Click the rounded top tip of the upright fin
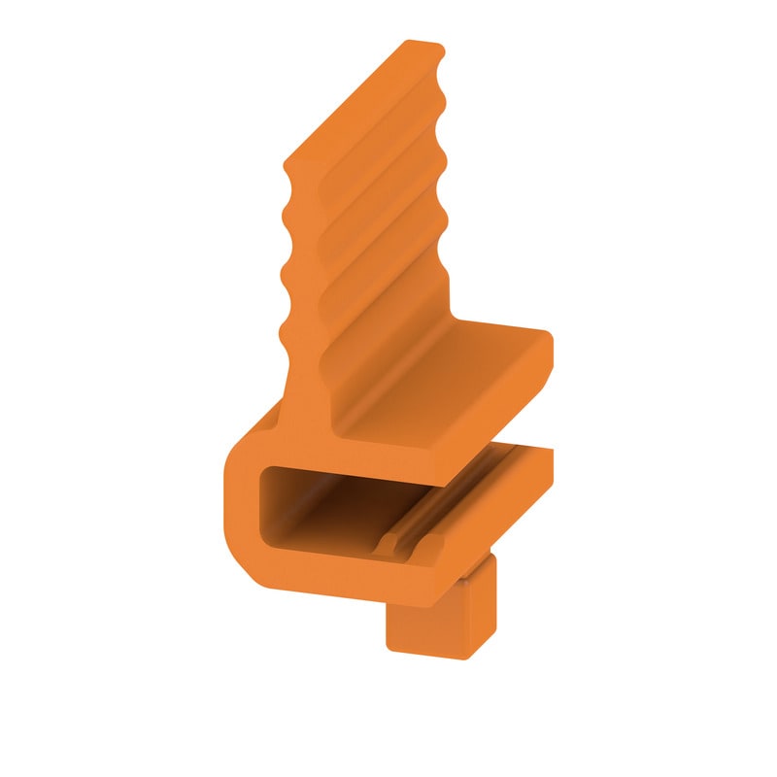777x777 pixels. click(423, 45)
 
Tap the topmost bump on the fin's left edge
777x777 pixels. click(287, 176)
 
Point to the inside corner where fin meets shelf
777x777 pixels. click(335, 427)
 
